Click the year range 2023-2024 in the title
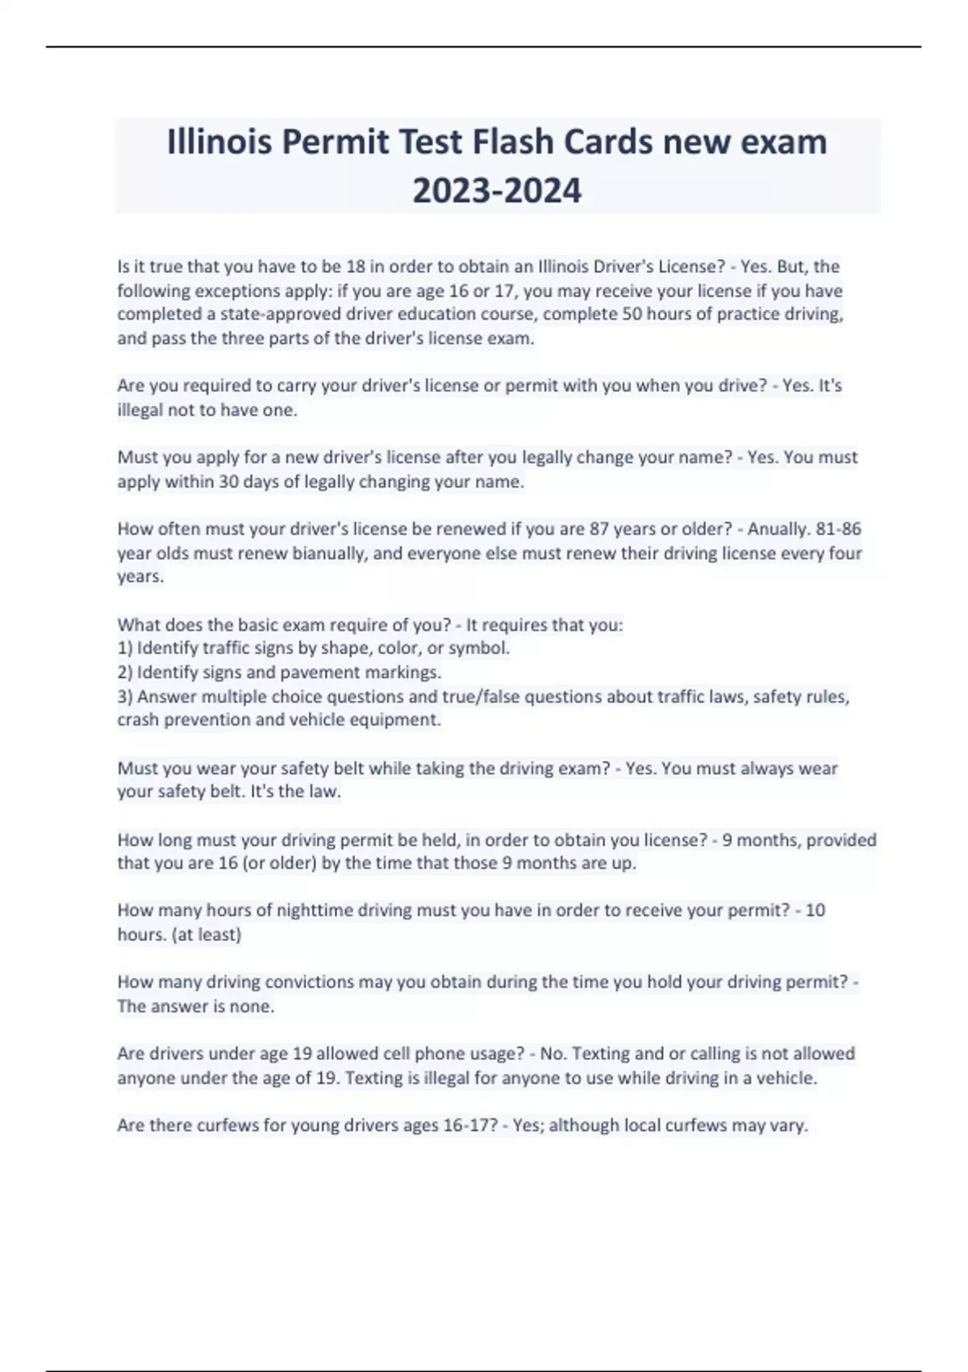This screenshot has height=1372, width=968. (x=497, y=191)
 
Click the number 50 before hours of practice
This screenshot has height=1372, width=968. (x=631, y=314)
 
